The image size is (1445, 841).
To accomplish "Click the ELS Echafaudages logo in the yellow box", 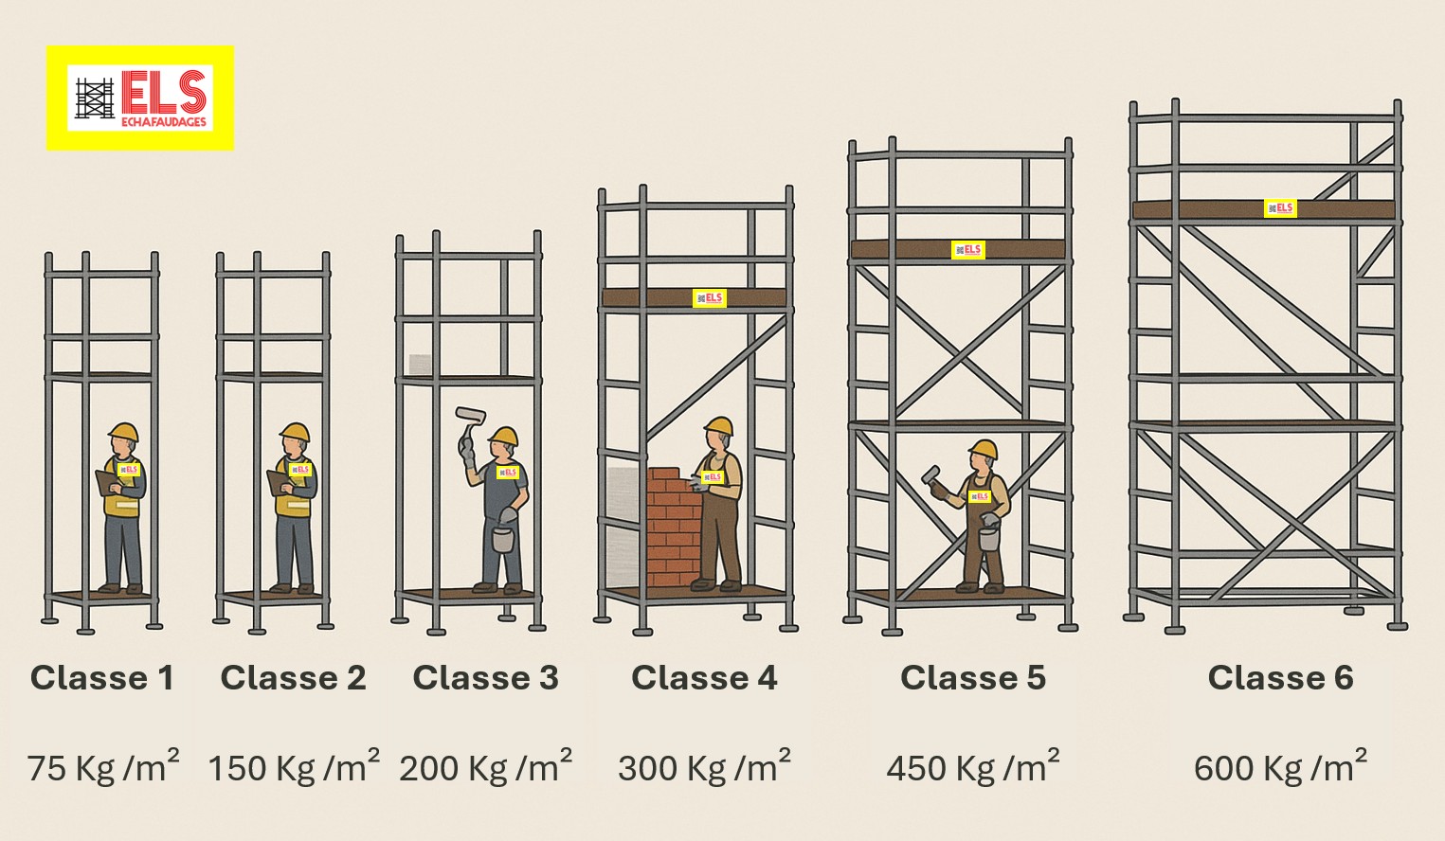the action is pos(140,98).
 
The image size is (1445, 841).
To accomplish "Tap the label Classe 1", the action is pos(102,678).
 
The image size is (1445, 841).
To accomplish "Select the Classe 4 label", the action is pos(704,678).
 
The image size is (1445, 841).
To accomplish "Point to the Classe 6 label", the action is pos(1280,678).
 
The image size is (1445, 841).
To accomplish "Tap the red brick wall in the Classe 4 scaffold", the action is pos(674,527).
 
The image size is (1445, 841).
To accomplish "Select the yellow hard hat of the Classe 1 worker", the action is pos(124,432).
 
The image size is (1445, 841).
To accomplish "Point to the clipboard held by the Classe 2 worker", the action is pos(276,482).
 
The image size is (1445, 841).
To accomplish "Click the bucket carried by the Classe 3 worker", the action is pos(503,539).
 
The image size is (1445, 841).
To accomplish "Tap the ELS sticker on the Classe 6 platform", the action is pos(1280,208).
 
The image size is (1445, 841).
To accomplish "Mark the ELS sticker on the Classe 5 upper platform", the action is pos(967,250).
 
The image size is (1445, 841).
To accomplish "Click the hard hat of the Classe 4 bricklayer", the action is pos(718,425).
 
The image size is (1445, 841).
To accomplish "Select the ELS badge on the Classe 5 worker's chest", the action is pos(979,496).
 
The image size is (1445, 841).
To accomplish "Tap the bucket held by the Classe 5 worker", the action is pos(988,538).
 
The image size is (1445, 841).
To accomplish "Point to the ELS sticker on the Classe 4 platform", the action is pos(710,298).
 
